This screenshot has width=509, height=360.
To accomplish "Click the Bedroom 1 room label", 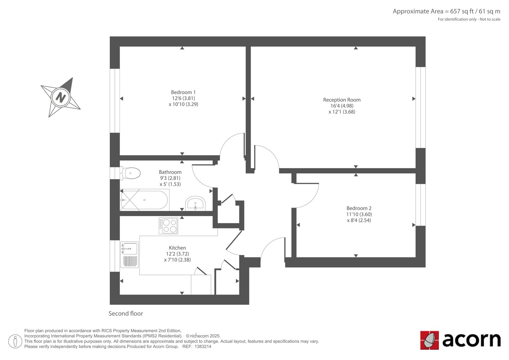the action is click(183, 92).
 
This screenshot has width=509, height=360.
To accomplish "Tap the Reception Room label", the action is click(342, 100).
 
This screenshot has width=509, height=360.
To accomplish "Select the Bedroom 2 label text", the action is click(359, 208).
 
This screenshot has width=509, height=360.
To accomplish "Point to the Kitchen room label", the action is click(177, 248).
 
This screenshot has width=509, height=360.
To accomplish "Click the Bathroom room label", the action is click(170, 172).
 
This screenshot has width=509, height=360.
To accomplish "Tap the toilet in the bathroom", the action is click(130, 173).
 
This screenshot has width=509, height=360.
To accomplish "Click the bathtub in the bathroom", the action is click(144, 200).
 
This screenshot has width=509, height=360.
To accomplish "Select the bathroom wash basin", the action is click(195, 203).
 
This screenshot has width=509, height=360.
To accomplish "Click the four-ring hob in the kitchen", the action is click(168, 226).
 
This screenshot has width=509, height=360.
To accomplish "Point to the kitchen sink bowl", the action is click(130, 248).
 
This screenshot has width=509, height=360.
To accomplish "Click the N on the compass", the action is click(60, 97).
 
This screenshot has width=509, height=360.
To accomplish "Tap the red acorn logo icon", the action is click(429, 340).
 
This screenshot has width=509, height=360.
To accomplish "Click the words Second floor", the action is click(126, 314).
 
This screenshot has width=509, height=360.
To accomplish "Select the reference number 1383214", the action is click(203, 347).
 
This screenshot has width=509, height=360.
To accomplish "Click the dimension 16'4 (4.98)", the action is click(342, 106).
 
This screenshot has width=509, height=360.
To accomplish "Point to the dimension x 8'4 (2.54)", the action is click(359, 220).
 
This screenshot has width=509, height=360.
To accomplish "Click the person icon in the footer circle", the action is click(15, 341).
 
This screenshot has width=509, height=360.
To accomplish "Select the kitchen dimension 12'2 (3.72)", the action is click(177, 254).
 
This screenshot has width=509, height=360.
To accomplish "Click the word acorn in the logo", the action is click(471, 340).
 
